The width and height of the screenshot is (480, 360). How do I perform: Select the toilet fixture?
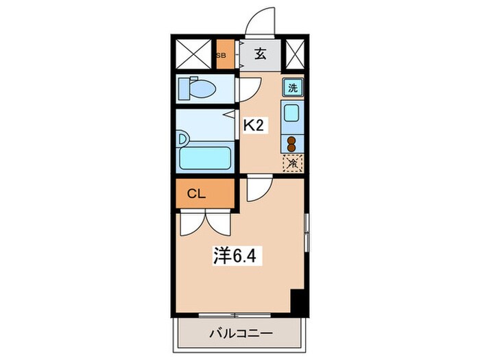(x=198, y=89)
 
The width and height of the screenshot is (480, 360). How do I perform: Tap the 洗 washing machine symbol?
(x=293, y=87)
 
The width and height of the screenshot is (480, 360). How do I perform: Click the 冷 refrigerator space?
(x=293, y=163)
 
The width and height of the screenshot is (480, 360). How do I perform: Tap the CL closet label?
(x=196, y=194)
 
